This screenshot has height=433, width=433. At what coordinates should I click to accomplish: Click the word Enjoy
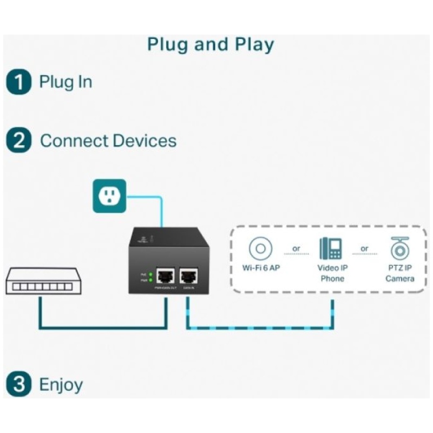[x=61, y=385]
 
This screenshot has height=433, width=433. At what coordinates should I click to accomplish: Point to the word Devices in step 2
[x=143, y=141]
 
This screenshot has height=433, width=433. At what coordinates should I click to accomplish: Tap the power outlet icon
[x=109, y=195]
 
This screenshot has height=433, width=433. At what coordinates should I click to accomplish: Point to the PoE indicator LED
[x=150, y=274]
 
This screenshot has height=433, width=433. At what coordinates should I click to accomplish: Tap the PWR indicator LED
[x=150, y=280]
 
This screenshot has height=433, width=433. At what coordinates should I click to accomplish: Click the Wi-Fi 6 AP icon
[x=260, y=249]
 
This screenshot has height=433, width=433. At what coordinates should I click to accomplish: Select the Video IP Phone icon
[x=331, y=248]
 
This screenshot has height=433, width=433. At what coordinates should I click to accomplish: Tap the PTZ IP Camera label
[x=400, y=273]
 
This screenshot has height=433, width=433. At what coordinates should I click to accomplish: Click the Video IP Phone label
[x=331, y=273]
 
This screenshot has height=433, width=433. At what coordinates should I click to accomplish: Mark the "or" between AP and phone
[x=296, y=248]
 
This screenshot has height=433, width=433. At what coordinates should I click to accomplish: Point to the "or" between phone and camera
[x=365, y=248]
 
